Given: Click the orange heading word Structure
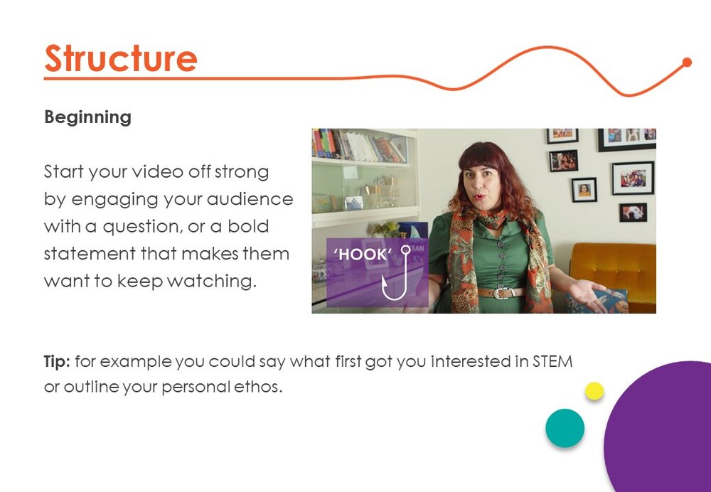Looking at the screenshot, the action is (121, 58).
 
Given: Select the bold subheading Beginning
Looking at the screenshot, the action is (88, 117).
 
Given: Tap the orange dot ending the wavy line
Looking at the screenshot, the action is (687, 62).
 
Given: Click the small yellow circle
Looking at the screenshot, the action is (594, 391).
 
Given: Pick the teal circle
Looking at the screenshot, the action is (565, 428).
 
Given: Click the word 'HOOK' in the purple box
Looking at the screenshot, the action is (363, 255).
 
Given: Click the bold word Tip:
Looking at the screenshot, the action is (57, 361).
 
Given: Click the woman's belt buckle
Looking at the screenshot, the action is (501, 293).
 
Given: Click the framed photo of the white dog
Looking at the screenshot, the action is (633, 213).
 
